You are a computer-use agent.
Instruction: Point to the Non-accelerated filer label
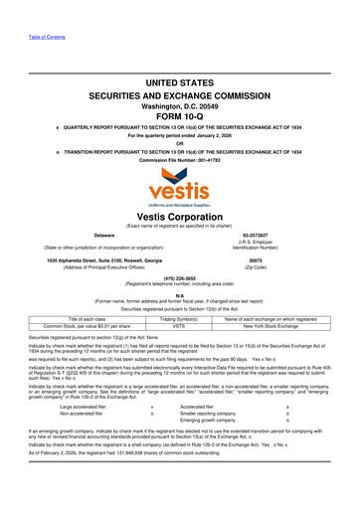click(89, 441)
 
